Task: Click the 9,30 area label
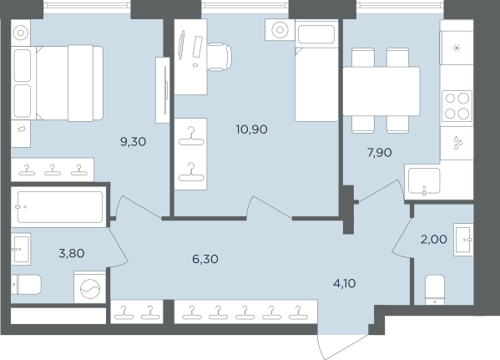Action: click(x=134, y=141)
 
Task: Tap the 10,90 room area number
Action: click(x=251, y=129)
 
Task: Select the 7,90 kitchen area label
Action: click(x=380, y=153)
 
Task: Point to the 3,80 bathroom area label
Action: click(x=72, y=253)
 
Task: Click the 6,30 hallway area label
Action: click(x=205, y=259)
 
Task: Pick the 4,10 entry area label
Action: click(x=345, y=283)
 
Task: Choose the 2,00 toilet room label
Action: click(x=434, y=239)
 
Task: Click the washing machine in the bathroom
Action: click(x=90, y=287)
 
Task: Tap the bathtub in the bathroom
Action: click(x=59, y=207)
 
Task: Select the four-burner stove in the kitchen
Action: click(x=457, y=106)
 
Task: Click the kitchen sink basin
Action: click(x=424, y=181)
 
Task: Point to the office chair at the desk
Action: click(x=220, y=57)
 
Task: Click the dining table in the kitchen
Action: click(x=381, y=91)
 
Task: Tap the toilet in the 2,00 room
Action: click(x=435, y=290)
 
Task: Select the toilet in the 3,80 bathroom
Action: click(x=26, y=285)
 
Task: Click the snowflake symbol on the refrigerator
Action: click(x=457, y=48)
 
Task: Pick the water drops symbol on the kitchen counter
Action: click(x=458, y=143)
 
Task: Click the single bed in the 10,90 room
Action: click(x=316, y=71)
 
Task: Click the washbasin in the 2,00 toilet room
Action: click(x=463, y=240)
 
